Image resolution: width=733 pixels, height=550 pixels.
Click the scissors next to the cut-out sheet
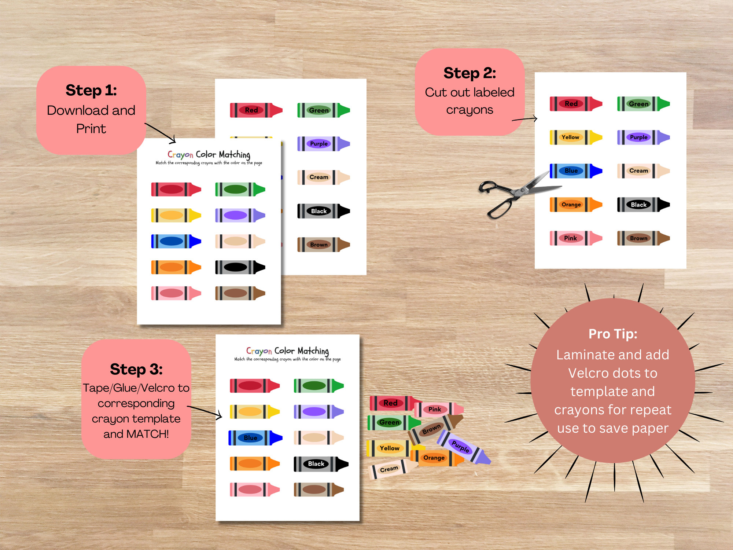point(513,194)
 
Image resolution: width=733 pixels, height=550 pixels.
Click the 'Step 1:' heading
point(91,90)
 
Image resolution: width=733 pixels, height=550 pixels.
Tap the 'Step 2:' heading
point(469,73)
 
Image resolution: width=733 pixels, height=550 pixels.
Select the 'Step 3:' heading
point(136,369)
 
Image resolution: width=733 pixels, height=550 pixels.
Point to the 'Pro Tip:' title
point(613,334)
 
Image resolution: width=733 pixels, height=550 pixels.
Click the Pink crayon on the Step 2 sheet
point(575,238)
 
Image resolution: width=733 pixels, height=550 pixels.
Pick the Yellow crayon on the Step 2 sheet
point(575,137)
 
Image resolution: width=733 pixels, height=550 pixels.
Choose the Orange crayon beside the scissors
point(575,205)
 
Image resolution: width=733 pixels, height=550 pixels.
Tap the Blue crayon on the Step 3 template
point(255,438)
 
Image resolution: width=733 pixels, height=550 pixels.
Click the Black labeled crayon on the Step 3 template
point(320,464)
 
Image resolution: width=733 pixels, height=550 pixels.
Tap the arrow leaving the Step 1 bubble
point(161,133)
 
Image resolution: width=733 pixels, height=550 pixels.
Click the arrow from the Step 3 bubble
point(205,411)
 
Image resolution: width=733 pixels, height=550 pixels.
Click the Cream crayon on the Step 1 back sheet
point(323,177)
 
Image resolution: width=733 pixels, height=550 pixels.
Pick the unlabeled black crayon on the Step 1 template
point(240,267)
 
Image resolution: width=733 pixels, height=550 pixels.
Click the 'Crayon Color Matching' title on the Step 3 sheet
point(287,351)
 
